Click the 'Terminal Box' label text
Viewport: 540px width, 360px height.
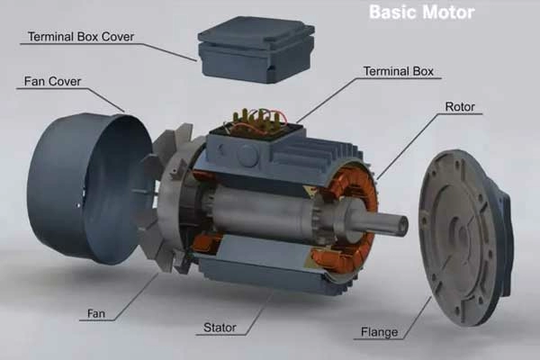401,70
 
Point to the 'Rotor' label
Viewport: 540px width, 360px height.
460,108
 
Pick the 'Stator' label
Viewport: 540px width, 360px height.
220,328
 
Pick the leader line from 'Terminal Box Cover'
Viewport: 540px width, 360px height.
166,50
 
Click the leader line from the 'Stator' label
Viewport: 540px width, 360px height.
256,306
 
